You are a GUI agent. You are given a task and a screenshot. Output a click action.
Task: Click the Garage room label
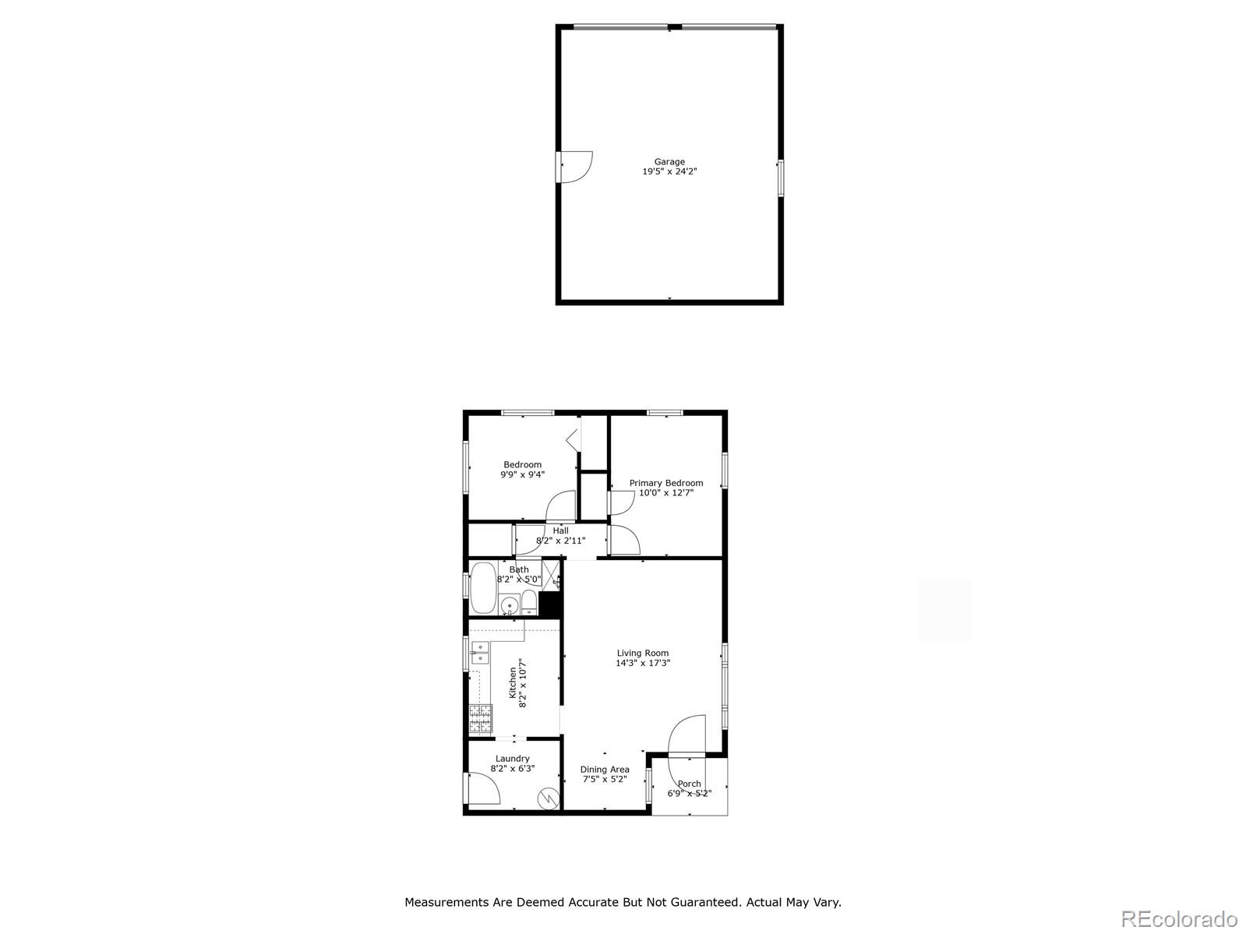coord(669,162)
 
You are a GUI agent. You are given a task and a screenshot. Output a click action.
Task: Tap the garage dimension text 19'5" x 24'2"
coord(669,171)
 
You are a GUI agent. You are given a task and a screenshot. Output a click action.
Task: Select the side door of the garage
coord(574,167)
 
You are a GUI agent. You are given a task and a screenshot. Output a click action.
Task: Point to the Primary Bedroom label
coord(665,483)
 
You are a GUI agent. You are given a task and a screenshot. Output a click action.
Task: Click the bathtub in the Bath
coord(483,587)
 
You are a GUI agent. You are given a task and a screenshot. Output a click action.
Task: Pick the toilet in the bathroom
coord(528,602)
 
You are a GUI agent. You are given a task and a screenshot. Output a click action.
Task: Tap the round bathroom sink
coord(510,605)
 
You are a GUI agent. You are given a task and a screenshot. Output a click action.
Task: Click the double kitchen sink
coord(480,653)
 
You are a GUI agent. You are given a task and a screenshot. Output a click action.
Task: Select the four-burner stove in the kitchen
coord(481,718)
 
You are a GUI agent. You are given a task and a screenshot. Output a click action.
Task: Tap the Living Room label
coord(643,653)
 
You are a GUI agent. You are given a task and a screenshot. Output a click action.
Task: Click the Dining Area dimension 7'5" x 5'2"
coord(605,779)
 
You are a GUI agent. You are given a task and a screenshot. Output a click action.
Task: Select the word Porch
coord(689,784)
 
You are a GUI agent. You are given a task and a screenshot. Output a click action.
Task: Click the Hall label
coord(560,530)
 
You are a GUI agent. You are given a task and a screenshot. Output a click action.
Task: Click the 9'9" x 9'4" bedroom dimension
coord(522,474)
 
